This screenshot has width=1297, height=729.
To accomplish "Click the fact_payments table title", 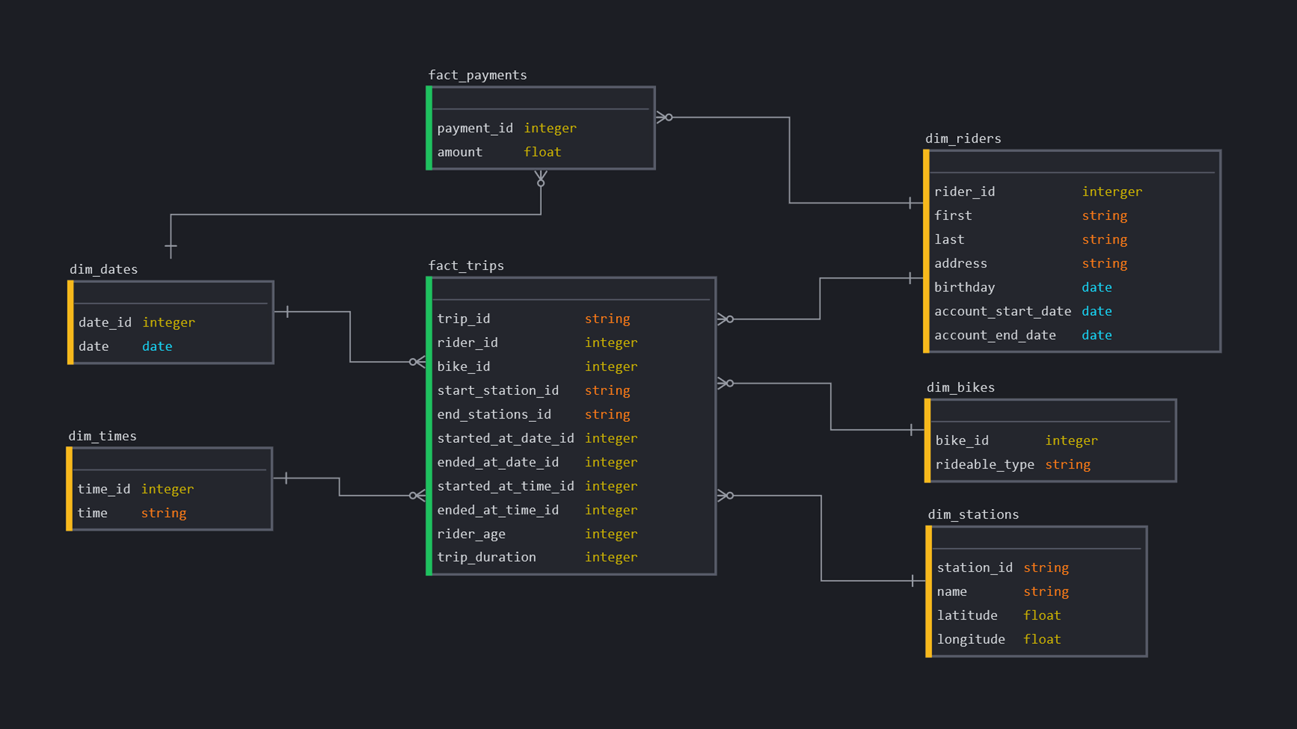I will [x=477, y=75].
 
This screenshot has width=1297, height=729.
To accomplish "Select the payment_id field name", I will [x=474, y=128].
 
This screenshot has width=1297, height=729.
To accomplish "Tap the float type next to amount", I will [x=542, y=152].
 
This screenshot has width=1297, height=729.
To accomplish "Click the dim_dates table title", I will [x=103, y=269].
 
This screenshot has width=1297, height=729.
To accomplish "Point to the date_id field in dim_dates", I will [x=105, y=323].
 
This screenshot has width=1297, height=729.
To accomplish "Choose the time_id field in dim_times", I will [x=103, y=489].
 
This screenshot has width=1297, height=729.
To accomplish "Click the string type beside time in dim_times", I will [x=163, y=513].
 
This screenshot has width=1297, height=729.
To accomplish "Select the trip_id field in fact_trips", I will [x=463, y=319].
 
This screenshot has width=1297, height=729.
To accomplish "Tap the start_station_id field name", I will [x=497, y=390].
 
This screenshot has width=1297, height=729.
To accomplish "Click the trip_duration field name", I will [x=486, y=557].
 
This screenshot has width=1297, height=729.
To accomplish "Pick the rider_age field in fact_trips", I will [x=471, y=534].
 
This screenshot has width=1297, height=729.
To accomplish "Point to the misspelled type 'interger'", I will [x=1111, y=192].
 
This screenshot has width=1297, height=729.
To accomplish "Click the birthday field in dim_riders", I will [x=964, y=288].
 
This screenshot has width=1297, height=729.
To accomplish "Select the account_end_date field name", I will [x=994, y=335].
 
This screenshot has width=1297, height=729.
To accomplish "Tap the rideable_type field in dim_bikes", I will [x=984, y=464].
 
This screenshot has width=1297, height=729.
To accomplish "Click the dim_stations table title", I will [x=973, y=514].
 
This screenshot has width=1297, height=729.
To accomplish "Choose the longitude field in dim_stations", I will [x=970, y=639].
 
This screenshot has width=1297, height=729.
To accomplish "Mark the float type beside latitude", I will [x=1042, y=616].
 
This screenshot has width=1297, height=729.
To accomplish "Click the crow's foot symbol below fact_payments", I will [x=540, y=178].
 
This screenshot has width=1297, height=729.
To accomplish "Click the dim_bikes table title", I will [x=960, y=387].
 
